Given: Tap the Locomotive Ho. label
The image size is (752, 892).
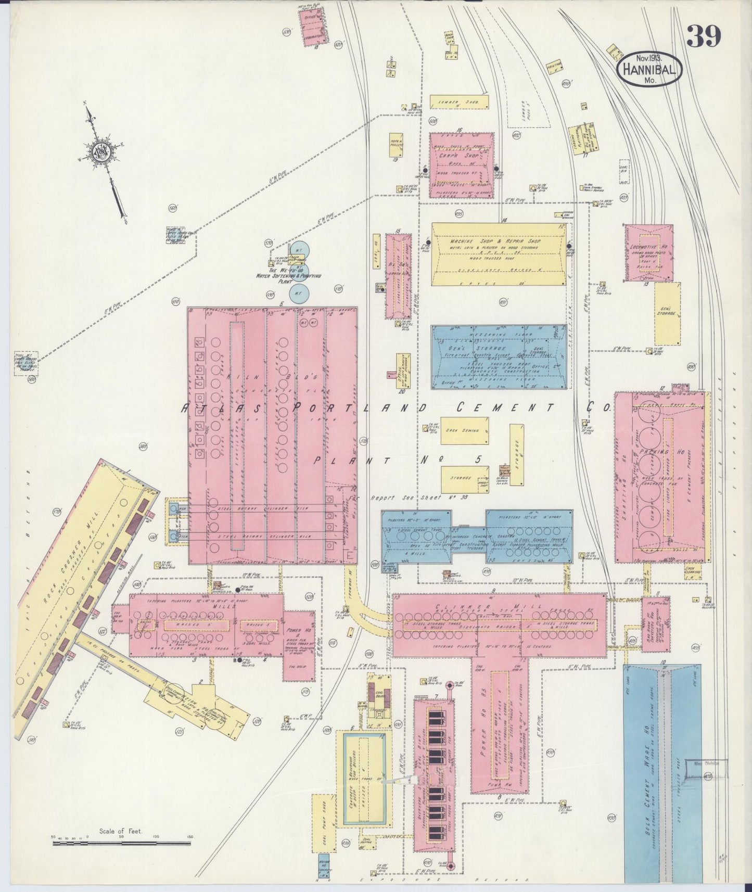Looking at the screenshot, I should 648,246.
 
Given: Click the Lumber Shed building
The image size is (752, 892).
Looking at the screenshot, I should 459,102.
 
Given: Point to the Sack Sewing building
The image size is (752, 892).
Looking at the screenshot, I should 464,430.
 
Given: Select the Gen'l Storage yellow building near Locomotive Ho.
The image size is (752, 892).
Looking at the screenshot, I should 667,313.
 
